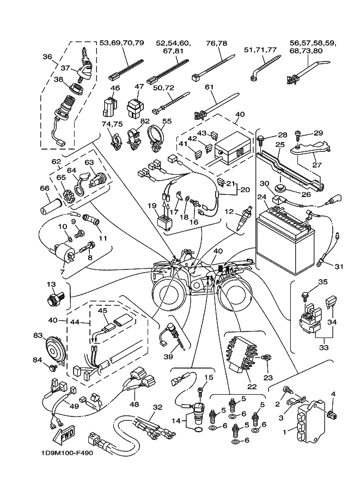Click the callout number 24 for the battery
(261, 197)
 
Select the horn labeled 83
(56, 346)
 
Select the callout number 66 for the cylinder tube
(44, 188)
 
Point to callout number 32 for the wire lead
(157, 407)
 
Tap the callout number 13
(51, 285)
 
